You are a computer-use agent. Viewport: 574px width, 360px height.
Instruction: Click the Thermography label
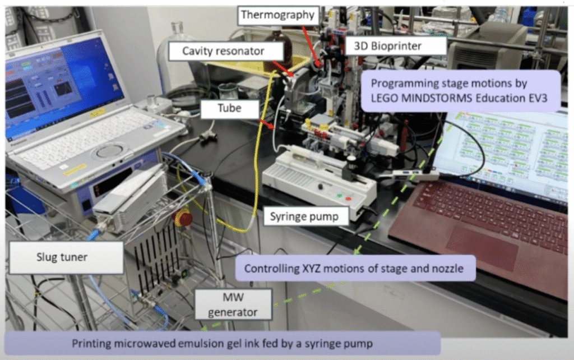point(277,15)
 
